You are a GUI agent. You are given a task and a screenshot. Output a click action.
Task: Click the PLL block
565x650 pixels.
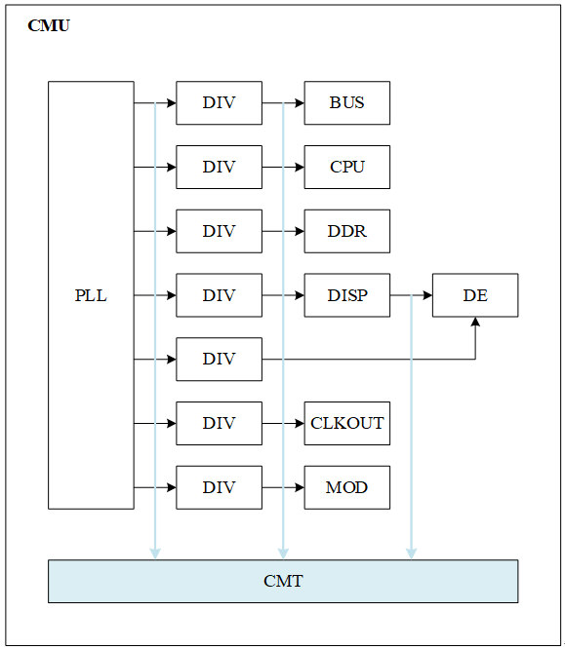coord(91,295)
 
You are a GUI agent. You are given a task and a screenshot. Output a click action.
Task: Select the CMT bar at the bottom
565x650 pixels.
coord(283,581)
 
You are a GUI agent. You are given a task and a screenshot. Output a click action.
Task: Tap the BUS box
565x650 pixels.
coord(346,103)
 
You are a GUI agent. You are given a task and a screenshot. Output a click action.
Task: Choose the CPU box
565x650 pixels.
coord(346,167)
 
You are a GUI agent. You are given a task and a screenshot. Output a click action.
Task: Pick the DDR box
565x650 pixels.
coord(346,231)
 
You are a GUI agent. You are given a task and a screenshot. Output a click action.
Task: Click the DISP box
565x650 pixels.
coord(346,295)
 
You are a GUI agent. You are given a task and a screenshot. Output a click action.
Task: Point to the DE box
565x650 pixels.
coord(475,295)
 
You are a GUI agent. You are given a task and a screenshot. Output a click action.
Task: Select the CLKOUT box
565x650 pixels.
coord(346,423)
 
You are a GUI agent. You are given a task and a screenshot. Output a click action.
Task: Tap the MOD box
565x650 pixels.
coord(346,487)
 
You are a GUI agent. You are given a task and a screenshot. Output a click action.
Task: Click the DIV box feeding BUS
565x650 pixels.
coord(219,103)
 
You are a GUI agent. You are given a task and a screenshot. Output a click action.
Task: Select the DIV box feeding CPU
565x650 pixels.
coord(219,167)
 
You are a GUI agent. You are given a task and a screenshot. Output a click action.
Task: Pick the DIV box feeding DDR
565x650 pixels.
coord(219,231)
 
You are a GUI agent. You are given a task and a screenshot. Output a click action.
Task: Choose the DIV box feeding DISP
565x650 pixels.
coord(219,295)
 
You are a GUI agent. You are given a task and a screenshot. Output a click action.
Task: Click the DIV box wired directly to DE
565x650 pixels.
coord(219,359)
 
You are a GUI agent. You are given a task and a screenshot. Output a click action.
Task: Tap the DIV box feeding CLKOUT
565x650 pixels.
coord(219,423)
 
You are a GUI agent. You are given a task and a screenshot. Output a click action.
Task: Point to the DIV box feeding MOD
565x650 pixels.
coord(219,487)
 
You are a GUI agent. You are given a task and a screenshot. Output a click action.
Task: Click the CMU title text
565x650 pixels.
coord(49,26)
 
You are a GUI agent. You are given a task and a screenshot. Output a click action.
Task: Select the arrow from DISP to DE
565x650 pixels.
coord(411,295)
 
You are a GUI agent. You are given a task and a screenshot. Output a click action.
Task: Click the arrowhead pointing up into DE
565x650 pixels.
coord(475,323)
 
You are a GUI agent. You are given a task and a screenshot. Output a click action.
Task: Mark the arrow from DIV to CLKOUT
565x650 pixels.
coord(283,423)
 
